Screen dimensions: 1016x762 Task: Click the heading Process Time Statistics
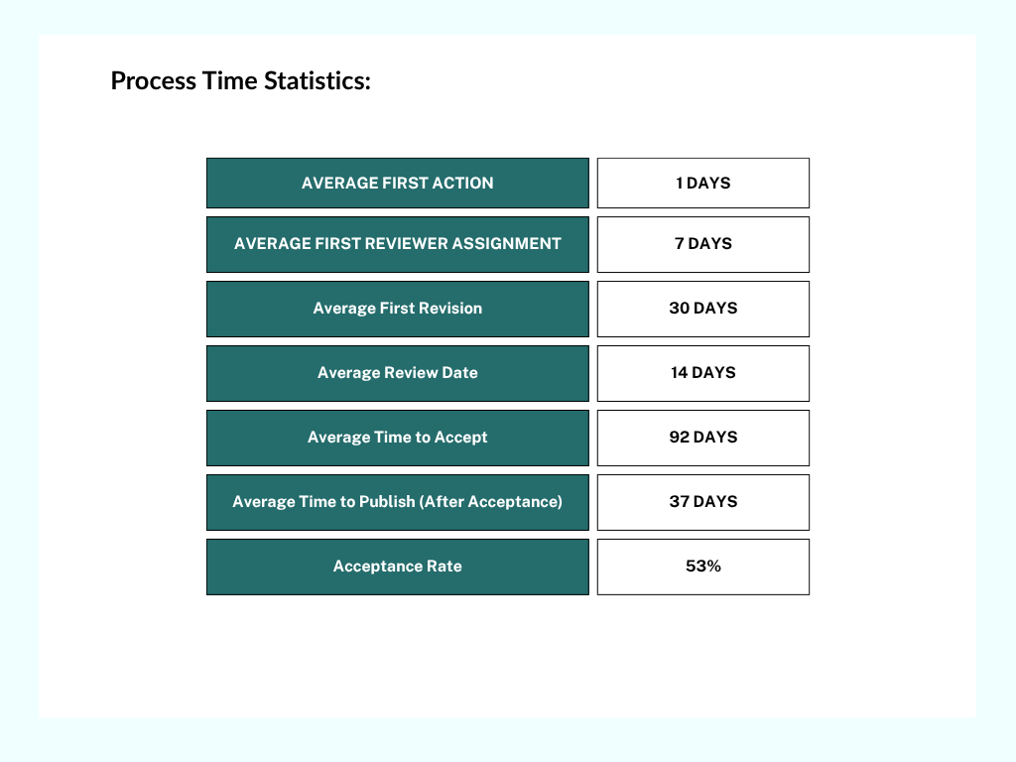(x=240, y=81)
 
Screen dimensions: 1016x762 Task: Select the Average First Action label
(x=398, y=183)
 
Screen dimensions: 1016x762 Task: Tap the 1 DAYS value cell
(x=703, y=183)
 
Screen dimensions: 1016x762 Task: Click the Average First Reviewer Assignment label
(x=398, y=244)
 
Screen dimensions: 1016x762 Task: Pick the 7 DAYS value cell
(x=703, y=244)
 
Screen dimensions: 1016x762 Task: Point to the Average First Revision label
(x=398, y=309)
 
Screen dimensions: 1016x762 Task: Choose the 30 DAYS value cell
(x=703, y=309)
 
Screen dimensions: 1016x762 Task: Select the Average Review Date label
(x=398, y=373)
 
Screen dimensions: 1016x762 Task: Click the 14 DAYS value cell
(x=703, y=373)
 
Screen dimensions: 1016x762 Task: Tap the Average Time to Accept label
(x=398, y=438)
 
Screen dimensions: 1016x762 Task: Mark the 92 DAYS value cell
(x=703, y=438)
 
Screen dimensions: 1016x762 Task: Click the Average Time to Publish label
(x=398, y=502)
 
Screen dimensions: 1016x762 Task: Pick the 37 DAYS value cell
(x=703, y=502)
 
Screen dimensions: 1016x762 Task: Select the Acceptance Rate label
(x=398, y=567)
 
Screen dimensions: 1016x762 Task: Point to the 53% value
(x=703, y=567)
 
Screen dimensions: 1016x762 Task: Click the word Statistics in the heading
(x=317, y=81)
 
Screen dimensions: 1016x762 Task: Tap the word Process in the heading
(x=154, y=81)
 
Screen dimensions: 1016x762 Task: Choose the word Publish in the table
(x=387, y=501)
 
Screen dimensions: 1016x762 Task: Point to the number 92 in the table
(x=679, y=438)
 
